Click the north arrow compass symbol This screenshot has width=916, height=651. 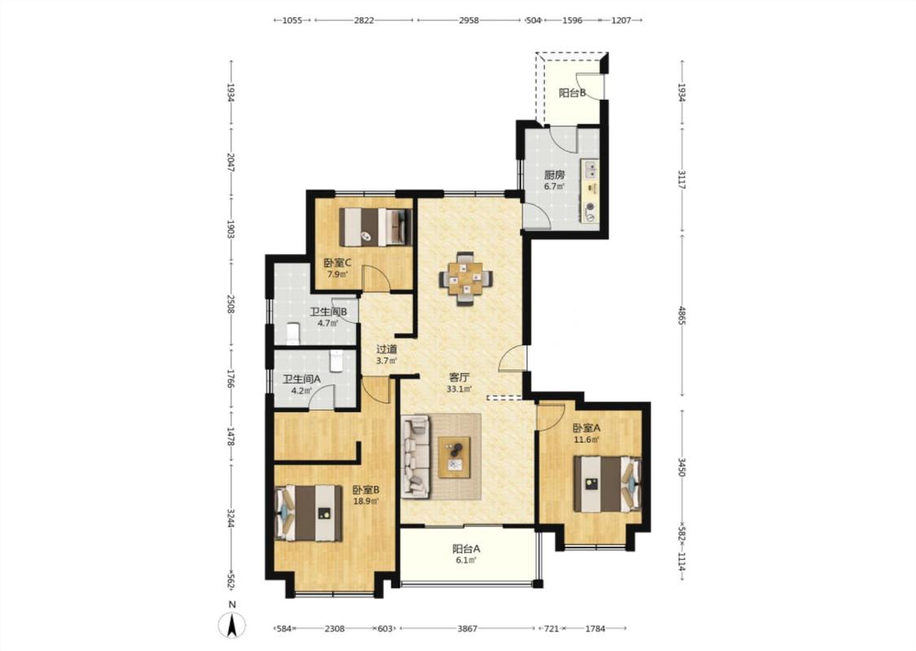click(232, 626)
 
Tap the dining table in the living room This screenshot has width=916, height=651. click(465, 278)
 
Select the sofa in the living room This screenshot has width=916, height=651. click(416, 457)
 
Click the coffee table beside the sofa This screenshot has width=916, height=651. click(455, 457)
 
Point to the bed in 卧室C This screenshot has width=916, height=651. click(375, 226)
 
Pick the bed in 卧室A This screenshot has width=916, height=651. click(607, 484)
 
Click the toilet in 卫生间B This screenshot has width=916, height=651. click(292, 334)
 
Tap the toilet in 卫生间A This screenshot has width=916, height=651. click(336, 360)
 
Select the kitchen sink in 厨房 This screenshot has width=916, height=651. click(590, 170)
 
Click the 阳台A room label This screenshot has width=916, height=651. click(467, 548)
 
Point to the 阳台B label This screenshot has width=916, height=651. click(572, 93)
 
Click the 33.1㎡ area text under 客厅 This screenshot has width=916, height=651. click(459, 389)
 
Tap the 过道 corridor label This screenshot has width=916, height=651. click(386, 349)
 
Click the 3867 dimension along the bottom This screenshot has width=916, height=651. click(467, 629)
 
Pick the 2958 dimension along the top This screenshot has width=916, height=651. click(468, 20)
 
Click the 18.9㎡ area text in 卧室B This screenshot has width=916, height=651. click(366, 501)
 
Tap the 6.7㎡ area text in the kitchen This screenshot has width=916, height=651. click(554, 187)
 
